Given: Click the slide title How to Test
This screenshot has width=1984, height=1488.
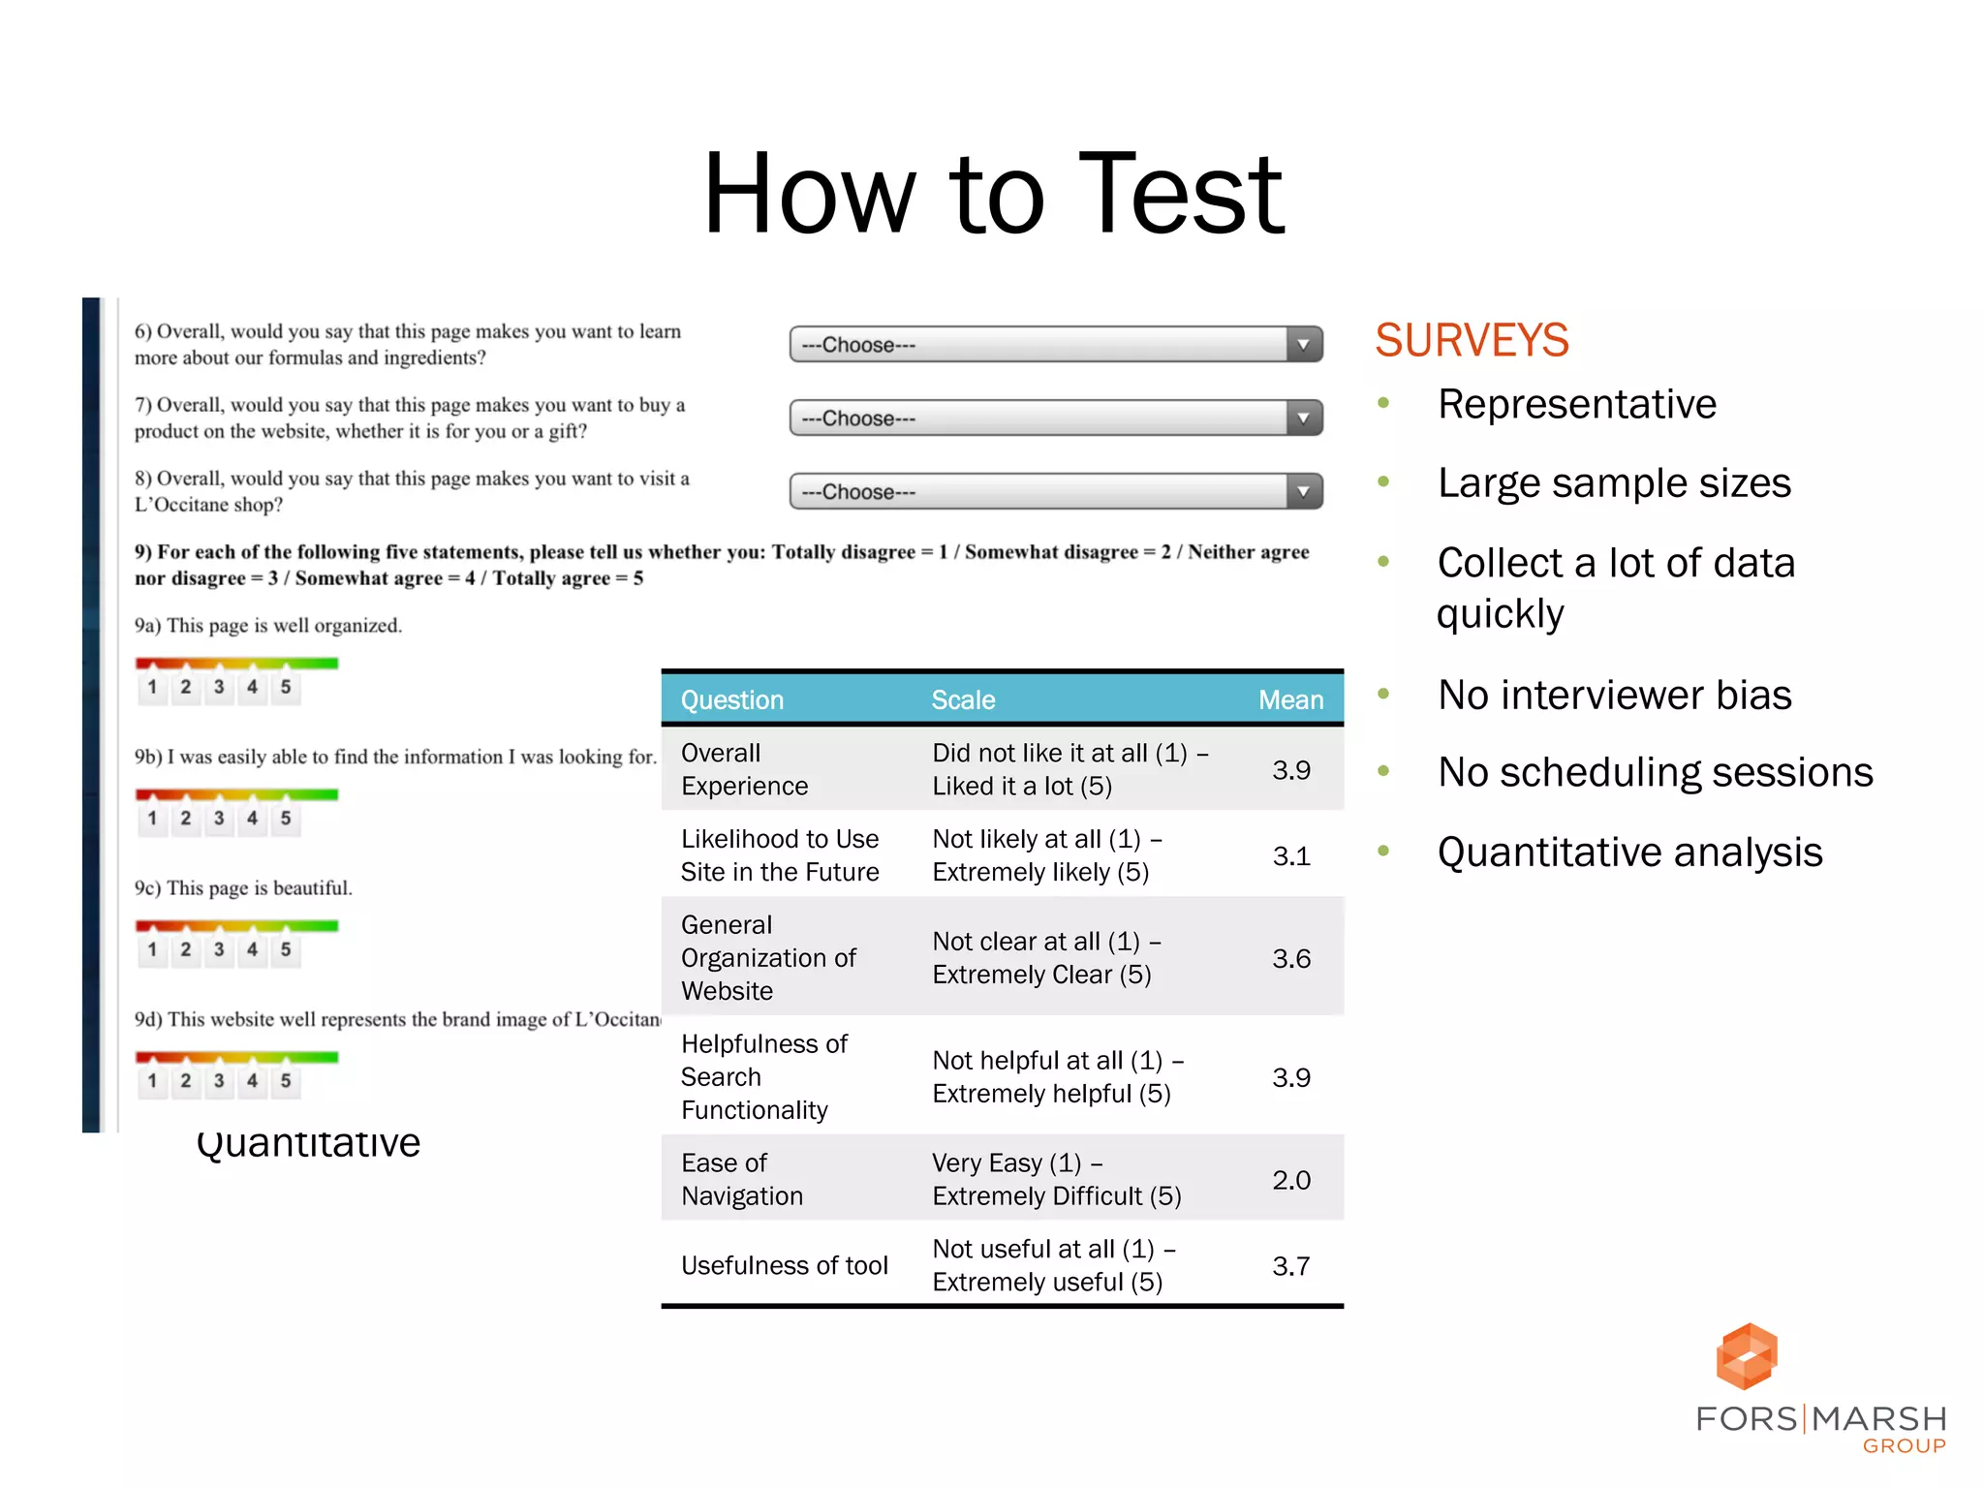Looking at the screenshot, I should click(993, 194).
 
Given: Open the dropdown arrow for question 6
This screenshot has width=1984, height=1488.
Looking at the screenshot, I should click(1304, 345).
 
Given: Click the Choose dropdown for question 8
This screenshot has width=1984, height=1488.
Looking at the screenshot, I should click(1055, 492).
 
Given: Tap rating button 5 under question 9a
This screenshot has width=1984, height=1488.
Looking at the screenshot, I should click(286, 688).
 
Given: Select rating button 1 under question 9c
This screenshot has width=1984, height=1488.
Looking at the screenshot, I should click(152, 950).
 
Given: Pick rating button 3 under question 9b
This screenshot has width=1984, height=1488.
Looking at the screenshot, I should click(219, 819).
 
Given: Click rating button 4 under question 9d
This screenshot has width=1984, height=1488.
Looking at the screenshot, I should click(252, 1081).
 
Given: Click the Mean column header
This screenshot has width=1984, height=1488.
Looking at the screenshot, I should click(1290, 699).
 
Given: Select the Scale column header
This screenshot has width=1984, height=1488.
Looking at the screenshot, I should click(963, 699).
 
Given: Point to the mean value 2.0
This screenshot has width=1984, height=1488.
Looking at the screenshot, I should click(1291, 1180).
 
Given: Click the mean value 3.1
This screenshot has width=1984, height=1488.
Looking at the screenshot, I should click(1291, 856).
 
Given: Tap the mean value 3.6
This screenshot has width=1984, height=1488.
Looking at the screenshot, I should click(1291, 959).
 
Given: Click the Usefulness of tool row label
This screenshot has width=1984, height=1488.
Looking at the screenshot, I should click(784, 1265).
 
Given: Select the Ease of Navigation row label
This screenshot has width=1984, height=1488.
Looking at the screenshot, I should click(742, 1180).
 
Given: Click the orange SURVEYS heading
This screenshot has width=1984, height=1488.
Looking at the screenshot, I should click(1472, 340).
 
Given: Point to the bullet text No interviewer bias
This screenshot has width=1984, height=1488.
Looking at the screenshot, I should click(1614, 695).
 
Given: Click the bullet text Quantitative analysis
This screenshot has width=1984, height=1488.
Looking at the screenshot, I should click(1629, 852).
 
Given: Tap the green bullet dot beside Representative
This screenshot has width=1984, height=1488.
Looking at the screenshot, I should click(1383, 403).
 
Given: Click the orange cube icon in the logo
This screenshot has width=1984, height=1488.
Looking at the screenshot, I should click(1747, 1356).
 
